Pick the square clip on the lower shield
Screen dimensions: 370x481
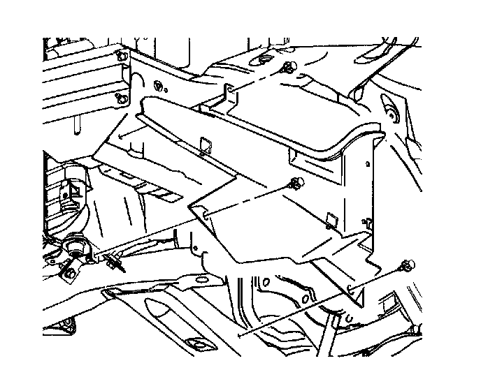coord(331,221)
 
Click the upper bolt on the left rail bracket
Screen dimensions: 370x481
coord(121,56)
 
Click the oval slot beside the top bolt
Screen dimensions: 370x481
coord(264,59)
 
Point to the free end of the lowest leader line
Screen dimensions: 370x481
coord(240,336)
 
